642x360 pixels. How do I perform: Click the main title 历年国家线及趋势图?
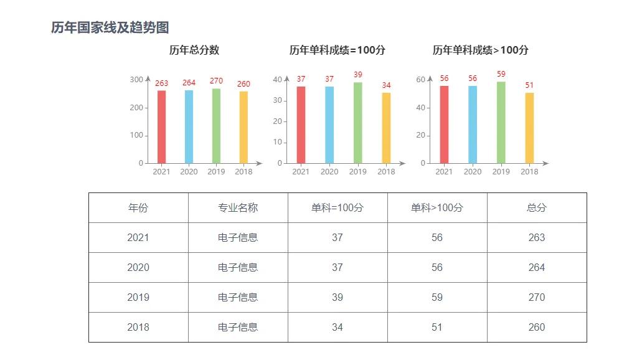(x=110, y=28)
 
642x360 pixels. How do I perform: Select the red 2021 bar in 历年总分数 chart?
(x=161, y=127)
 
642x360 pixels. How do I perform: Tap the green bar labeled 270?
(x=216, y=126)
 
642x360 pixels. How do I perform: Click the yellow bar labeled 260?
(x=243, y=128)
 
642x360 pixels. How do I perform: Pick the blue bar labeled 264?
(x=189, y=127)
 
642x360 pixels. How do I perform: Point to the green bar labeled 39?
(x=357, y=123)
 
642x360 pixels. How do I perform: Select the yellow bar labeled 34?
(x=386, y=128)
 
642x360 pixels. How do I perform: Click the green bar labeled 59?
(x=501, y=123)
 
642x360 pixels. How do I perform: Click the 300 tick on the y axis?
(x=136, y=80)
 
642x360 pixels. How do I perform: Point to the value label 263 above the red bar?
(x=161, y=83)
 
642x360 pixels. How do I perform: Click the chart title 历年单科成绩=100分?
(x=337, y=50)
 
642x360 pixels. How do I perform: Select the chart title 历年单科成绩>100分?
(x=480, y=50)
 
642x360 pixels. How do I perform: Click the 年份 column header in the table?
(x=138, y=208)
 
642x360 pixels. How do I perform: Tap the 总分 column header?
(x=536, y=208)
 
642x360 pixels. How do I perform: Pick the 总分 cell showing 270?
(x=536, y=297)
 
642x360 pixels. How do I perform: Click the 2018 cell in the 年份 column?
(x=138, y=327)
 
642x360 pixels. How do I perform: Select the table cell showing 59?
(x=437, y=297)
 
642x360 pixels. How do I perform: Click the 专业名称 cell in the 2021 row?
(x=238, y=237)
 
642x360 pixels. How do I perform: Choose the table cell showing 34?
(x=338, y=327)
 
